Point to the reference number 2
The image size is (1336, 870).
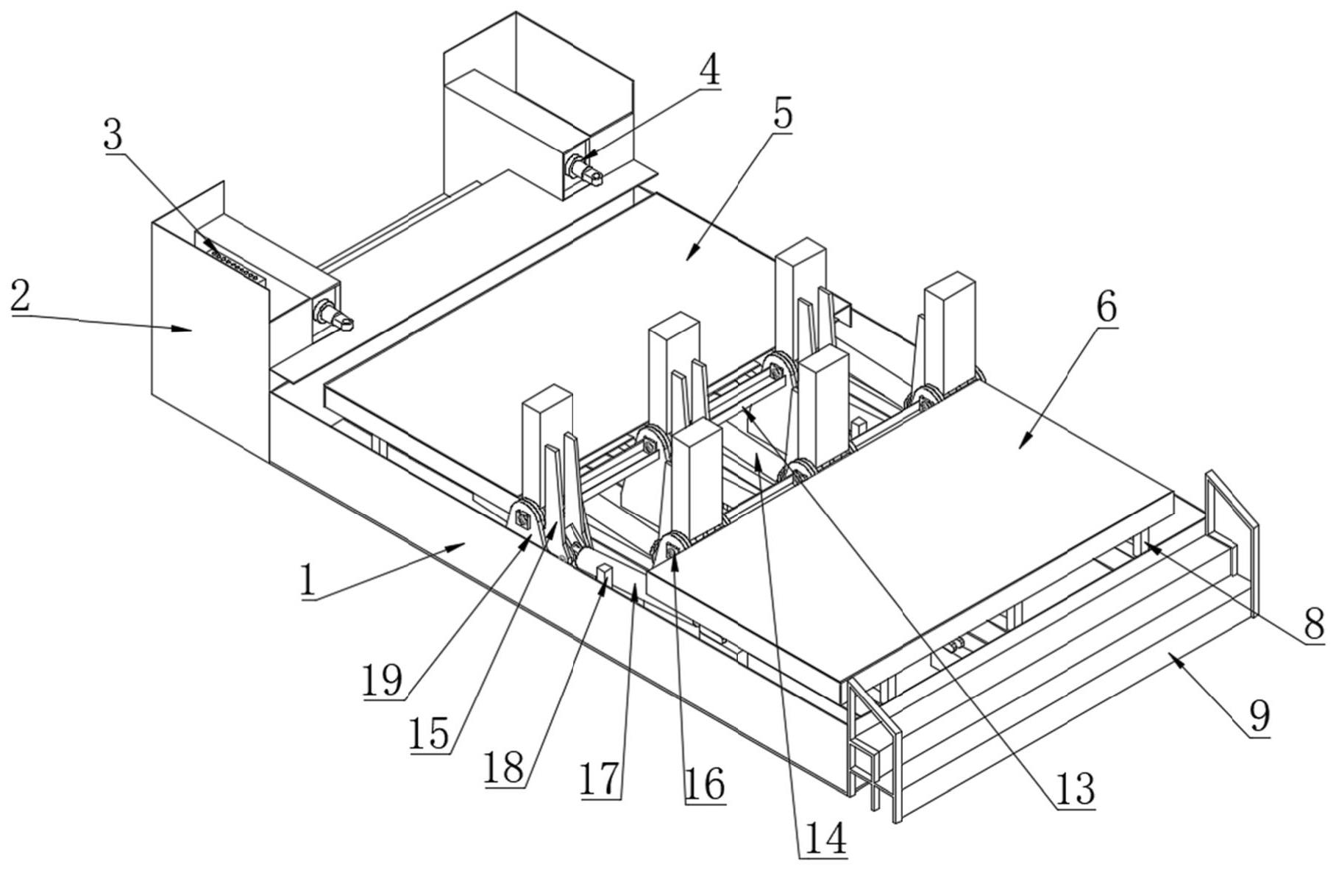tap(21, 296)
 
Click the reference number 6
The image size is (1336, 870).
tap(1106, 308)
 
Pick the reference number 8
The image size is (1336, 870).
tap(1314, 624)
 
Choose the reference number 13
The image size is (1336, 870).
tap(1075, 790)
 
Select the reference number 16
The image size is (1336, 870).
tap(705, 785)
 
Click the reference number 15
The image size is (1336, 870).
tap(430, 734)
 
